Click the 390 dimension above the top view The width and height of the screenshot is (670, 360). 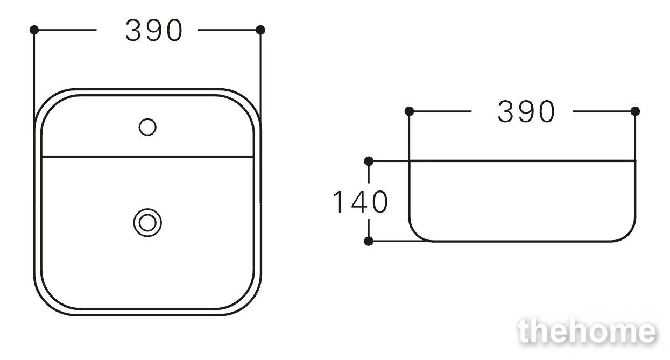pos(154,30)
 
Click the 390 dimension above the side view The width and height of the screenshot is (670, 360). pos(526,111)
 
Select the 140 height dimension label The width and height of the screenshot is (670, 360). pos(361,202)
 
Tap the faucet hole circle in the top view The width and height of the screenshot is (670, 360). pos(147,127)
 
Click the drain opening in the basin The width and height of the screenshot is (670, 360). pos(147,223)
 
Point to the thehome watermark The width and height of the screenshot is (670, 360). pos(588,331)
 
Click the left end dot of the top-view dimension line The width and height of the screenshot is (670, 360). pos(34,30)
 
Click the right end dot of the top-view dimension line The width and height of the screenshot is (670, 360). pos(260,30)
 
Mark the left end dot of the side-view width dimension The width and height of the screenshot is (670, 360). pos(409,111)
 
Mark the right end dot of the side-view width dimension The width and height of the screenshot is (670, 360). pos(636,111)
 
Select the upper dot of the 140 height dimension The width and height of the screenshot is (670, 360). pos(369,161)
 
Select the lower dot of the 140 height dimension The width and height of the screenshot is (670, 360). pos(369,241)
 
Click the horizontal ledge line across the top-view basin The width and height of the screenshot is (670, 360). pos(147,157)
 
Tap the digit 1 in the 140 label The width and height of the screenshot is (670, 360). pos(338,202)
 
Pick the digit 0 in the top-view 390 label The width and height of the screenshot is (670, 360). pos(174,30)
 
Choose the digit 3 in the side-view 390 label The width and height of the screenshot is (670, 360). pos(505,111)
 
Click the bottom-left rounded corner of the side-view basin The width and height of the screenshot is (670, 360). pos(415,235)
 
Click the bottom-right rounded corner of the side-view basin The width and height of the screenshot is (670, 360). pos(629,235)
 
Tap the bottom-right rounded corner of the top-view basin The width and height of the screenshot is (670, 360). pos(248,301)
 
